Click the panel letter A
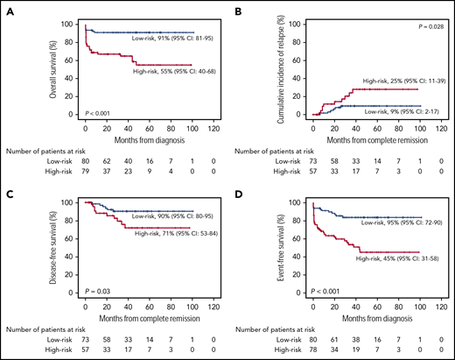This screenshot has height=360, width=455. [9, 8]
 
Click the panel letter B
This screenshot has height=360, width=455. [237, 8]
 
